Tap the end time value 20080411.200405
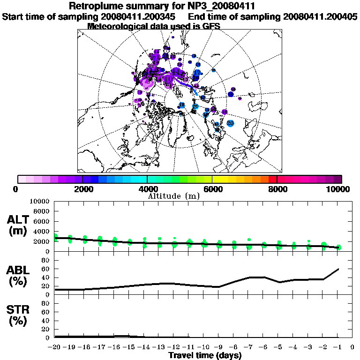[x=320, y=17]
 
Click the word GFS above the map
[x=211, y=26]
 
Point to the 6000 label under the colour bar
[x=212, y=189]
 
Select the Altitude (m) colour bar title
[x=173, y=196]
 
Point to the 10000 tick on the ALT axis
[x=39, y=201]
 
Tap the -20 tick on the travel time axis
[x=54, y=347]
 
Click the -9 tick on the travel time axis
[x=219, y=347]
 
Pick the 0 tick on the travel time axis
[x=352, y=347]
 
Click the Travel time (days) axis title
[x=205, y=355]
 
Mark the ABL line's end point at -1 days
[x=338, y=269]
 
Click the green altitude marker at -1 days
[x=338, y=247]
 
